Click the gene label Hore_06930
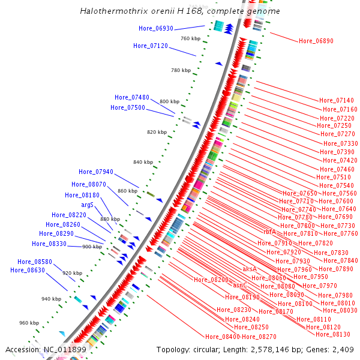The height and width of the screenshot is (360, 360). click(x=156, y=28)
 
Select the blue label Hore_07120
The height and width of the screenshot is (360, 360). click(x=151, y=46)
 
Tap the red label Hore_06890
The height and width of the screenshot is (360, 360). click(x=316, y=41)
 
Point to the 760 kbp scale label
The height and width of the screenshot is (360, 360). click(x=190, y=38)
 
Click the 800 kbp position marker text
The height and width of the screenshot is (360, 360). click(x=169, y=101)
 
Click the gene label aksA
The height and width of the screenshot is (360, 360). click(x=250, y=269)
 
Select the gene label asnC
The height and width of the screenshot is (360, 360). click(x=240, y=286)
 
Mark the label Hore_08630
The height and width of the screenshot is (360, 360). click(x=28, y=270)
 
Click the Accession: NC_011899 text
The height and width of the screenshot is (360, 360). click(x=46, y=349)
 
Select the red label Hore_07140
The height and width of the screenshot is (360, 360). click(x=337, y=100)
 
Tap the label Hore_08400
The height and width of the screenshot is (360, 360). click(x=223, y=337)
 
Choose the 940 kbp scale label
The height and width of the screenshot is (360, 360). click(x=51, y=298)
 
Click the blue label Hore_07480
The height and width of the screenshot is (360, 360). click(x=132, y=97)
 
